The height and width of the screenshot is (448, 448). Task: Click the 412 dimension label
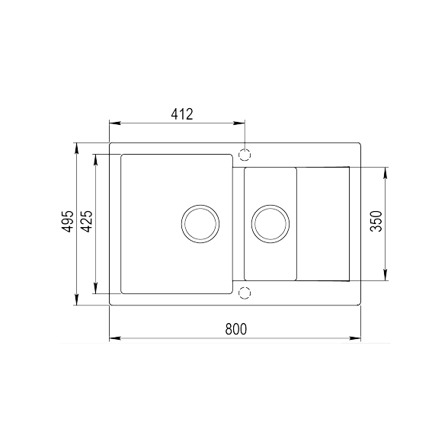click(x=181, y=114)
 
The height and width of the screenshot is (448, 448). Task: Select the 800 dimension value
click(x=236, y=329)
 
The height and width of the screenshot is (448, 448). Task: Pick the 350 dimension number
click(x=375, y=222)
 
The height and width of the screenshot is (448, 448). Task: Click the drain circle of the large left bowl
click(x=200, y=223)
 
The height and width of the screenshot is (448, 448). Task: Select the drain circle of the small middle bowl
click(x=270, y=223)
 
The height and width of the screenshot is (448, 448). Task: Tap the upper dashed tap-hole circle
click(x=245, y=154)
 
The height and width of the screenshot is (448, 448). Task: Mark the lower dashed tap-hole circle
click(x=245, y=292)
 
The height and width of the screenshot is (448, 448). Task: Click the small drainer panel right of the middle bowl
click(x=322, y=222)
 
